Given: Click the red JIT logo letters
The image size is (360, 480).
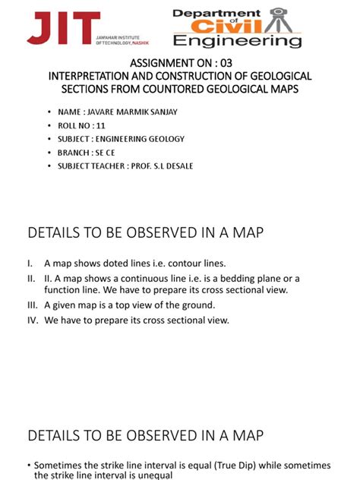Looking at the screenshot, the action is click(63, 28).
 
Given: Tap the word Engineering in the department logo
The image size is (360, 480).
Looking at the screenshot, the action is click(237, 40).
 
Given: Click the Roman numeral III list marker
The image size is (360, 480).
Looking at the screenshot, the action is click(33, 305).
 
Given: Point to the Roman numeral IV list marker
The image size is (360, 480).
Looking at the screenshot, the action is click(33, 321).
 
